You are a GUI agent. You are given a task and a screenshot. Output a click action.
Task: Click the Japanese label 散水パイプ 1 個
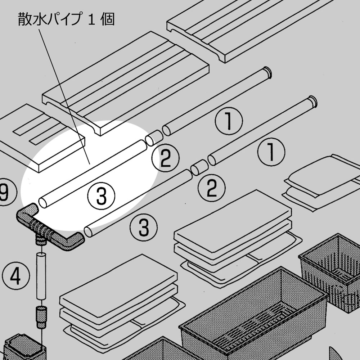coord(66,19)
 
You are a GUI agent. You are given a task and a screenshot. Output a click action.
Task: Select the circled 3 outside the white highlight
coord(144,227)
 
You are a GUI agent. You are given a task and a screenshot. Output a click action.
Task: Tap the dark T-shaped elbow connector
coord(47,228)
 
